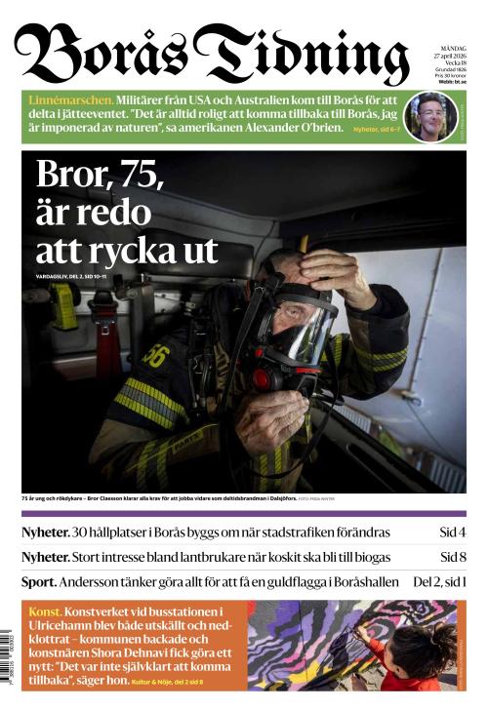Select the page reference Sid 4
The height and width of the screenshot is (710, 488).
click(x=452, y=532)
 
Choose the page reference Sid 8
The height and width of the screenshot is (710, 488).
click(x=452, y=557)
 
